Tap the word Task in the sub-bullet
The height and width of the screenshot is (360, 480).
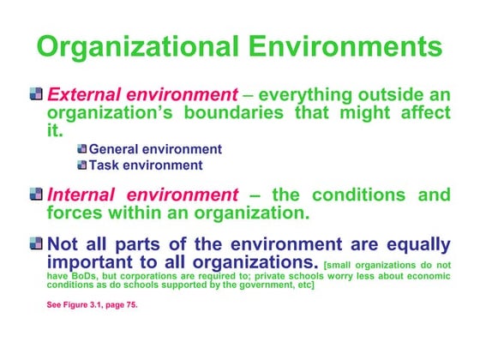pyautogui.click(x=105, y=165)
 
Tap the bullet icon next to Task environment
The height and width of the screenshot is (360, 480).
pyautogui.click(x=82, y=165)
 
